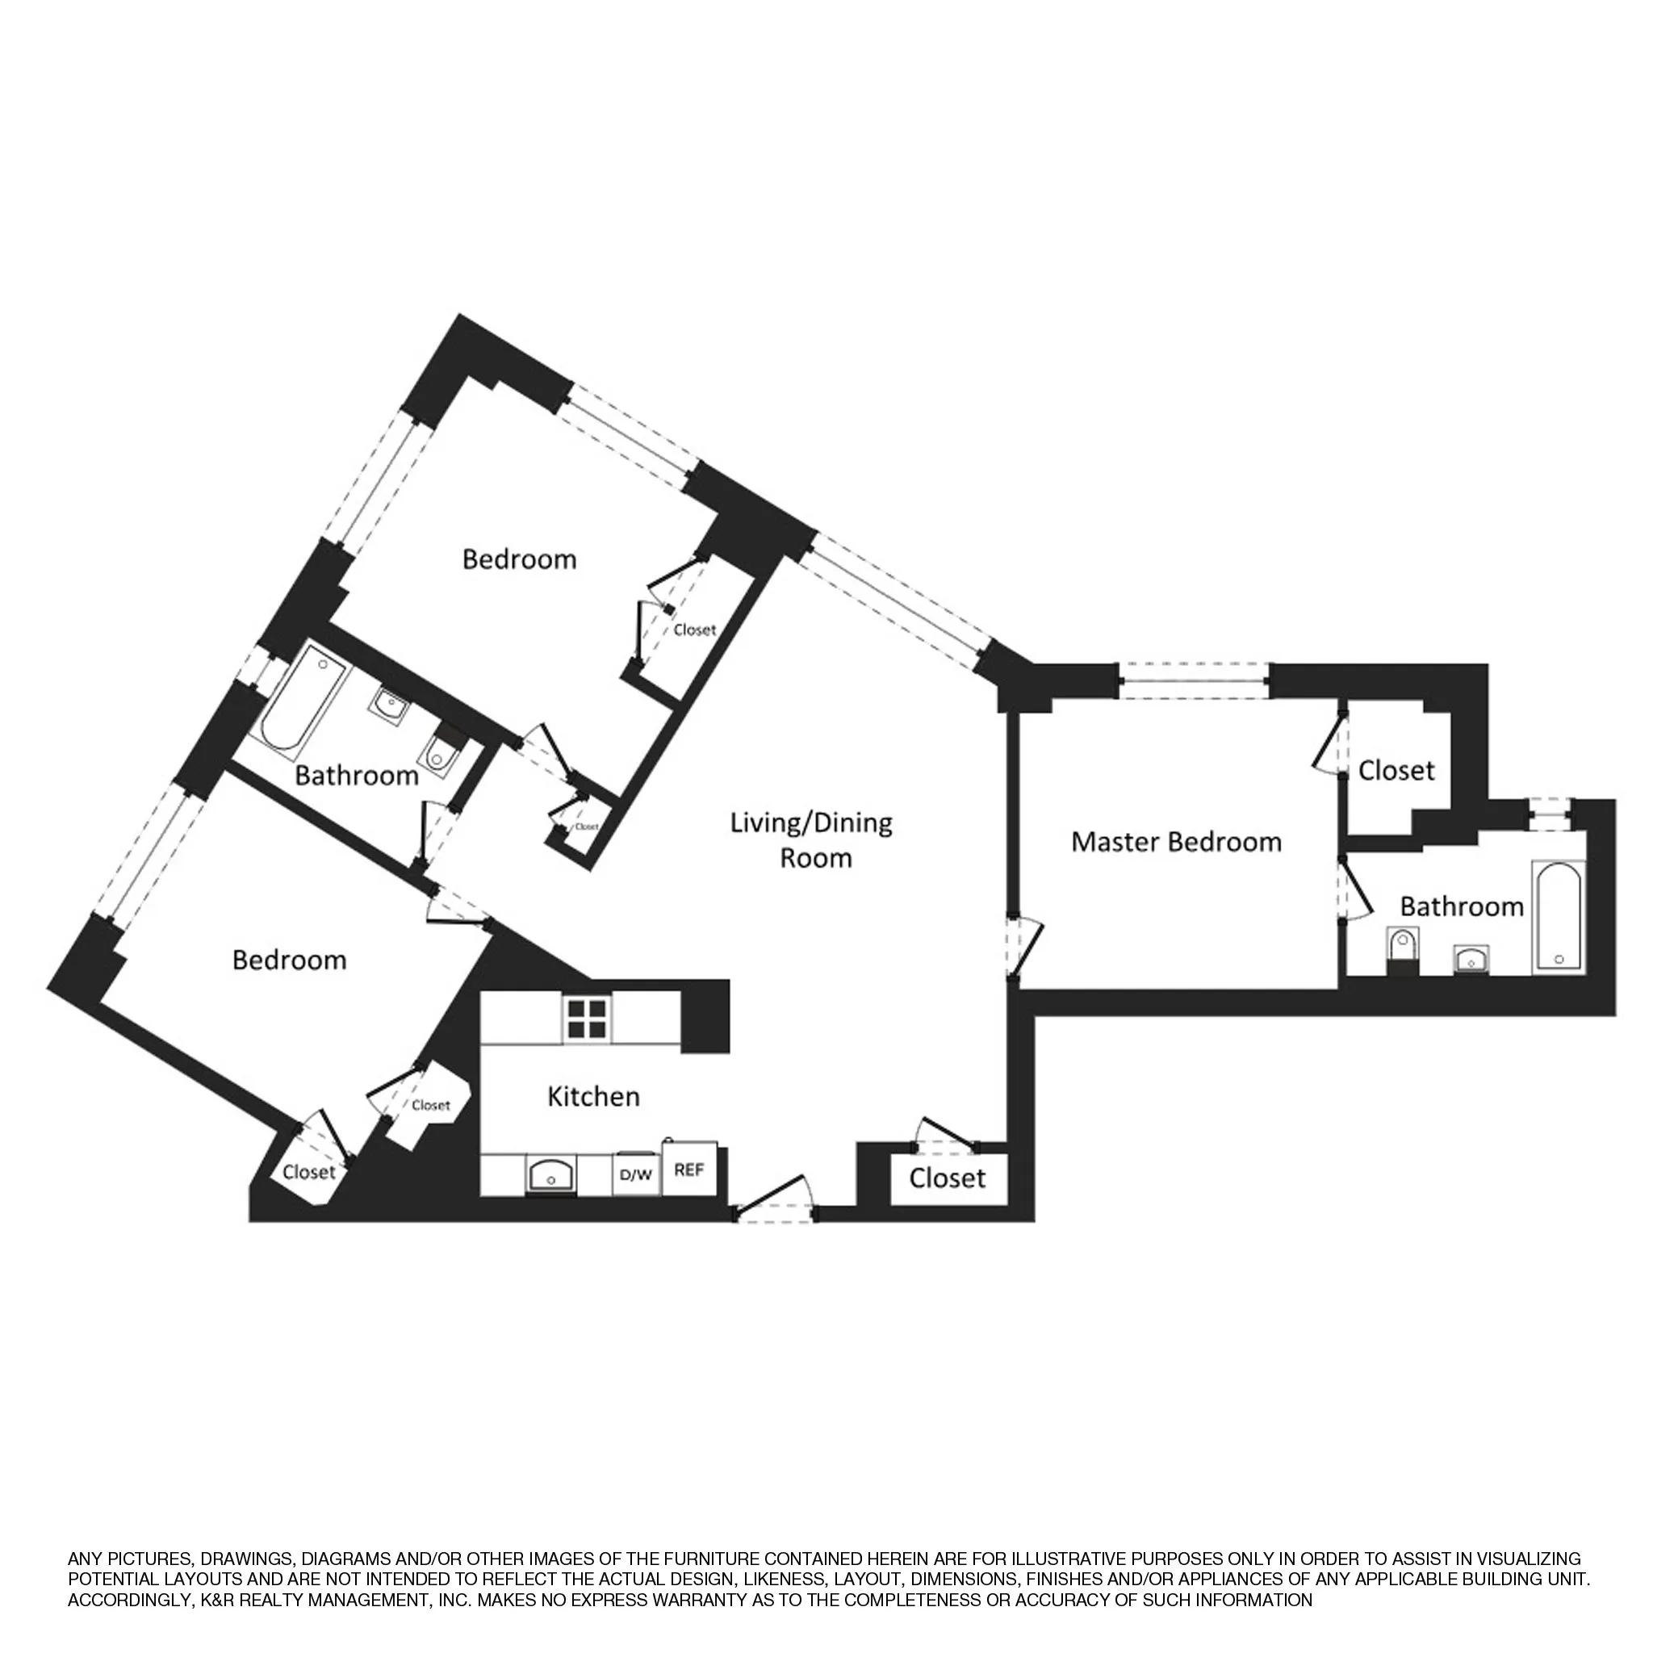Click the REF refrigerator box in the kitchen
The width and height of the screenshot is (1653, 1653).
point(688,1170)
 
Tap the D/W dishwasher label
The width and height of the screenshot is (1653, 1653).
point(635,1174)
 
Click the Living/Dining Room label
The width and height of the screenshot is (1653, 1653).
point(811,839)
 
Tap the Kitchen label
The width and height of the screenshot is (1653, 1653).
point(593,1096)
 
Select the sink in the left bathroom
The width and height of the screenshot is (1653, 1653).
point(390,707)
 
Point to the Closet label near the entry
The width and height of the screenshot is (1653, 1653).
point(947,1178)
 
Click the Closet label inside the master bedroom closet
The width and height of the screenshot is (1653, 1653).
point(1396,770)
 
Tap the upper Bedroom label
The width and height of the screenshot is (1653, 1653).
point(518,559)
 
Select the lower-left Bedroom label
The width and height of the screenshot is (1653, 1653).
point(289,959)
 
